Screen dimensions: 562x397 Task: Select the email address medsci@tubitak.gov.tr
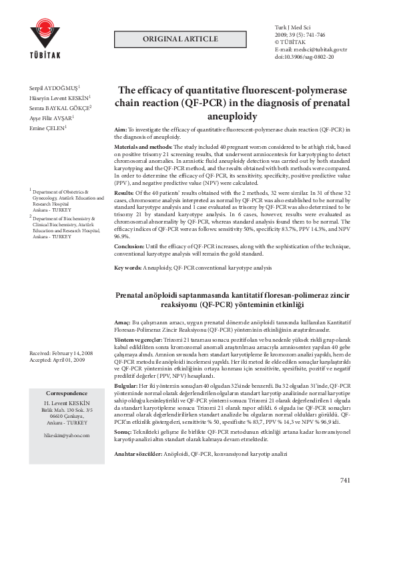tap(316, 50)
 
